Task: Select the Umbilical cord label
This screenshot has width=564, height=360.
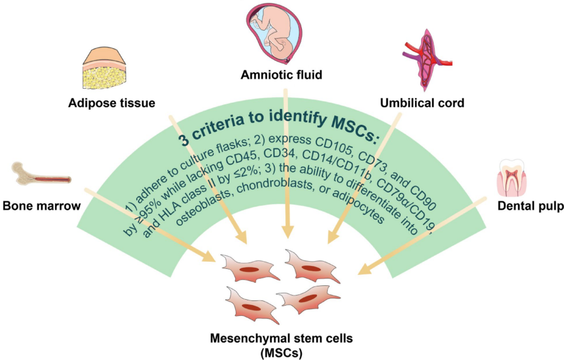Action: pyautogui.click(x=422, y=103)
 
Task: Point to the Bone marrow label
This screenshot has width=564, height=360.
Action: pyautogui.click(x=42, y=206)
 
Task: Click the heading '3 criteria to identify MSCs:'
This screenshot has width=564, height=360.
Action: pyautogui.click(x=278, y=128)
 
